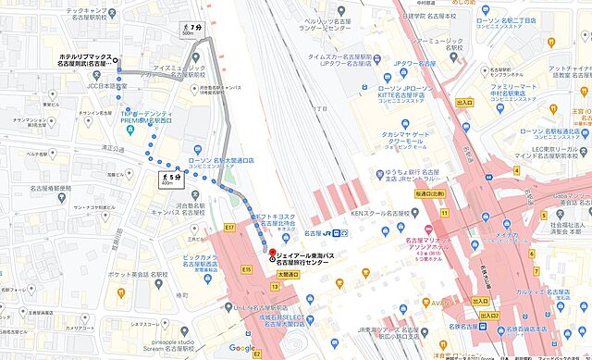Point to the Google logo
click(241, 348)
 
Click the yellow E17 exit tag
click(230, 227)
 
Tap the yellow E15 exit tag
click(246, 268)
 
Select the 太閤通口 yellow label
click(290, 275)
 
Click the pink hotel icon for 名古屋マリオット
click(426, 230)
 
